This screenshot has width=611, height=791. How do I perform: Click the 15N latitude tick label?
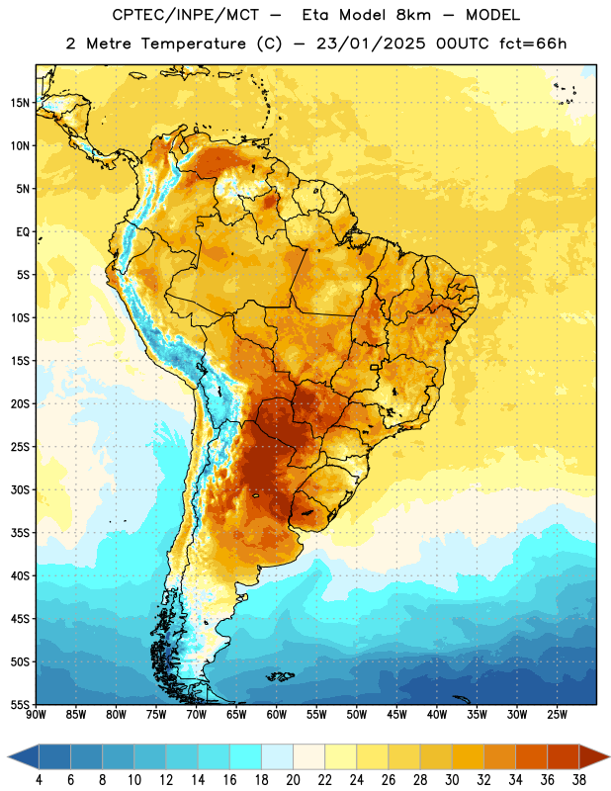coord(19,103)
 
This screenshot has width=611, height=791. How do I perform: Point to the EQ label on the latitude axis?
coord(23,232)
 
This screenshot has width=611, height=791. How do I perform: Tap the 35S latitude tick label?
coord(20,533)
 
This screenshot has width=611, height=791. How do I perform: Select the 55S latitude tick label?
coord(20,704)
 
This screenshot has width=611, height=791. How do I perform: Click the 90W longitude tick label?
coord(36,715)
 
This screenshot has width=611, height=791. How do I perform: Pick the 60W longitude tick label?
coord(277,715)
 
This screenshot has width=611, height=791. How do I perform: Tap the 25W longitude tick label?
coord(557,715)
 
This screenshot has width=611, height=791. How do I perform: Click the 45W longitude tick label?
coord(396,715)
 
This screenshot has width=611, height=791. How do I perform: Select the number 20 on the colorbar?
coord(293,780)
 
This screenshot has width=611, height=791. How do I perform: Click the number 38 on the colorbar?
coord(578,780)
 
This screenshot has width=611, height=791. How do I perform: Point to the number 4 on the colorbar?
coord(39,780)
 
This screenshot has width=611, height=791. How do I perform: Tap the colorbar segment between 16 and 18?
coord(246,756)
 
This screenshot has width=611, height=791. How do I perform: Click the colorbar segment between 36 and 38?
coord(564,756)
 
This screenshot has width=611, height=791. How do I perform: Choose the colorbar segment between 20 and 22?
coord(309,756)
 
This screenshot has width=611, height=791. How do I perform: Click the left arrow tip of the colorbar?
coord(8,756)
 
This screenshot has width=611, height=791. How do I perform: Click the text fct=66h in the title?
coord(533,44)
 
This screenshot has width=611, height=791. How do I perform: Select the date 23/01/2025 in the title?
coord(371,44)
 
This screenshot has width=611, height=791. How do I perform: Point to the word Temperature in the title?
coord(193,44)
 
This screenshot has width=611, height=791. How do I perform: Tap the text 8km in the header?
coord(413,15)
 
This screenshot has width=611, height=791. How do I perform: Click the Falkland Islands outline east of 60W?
coord(280,676)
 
